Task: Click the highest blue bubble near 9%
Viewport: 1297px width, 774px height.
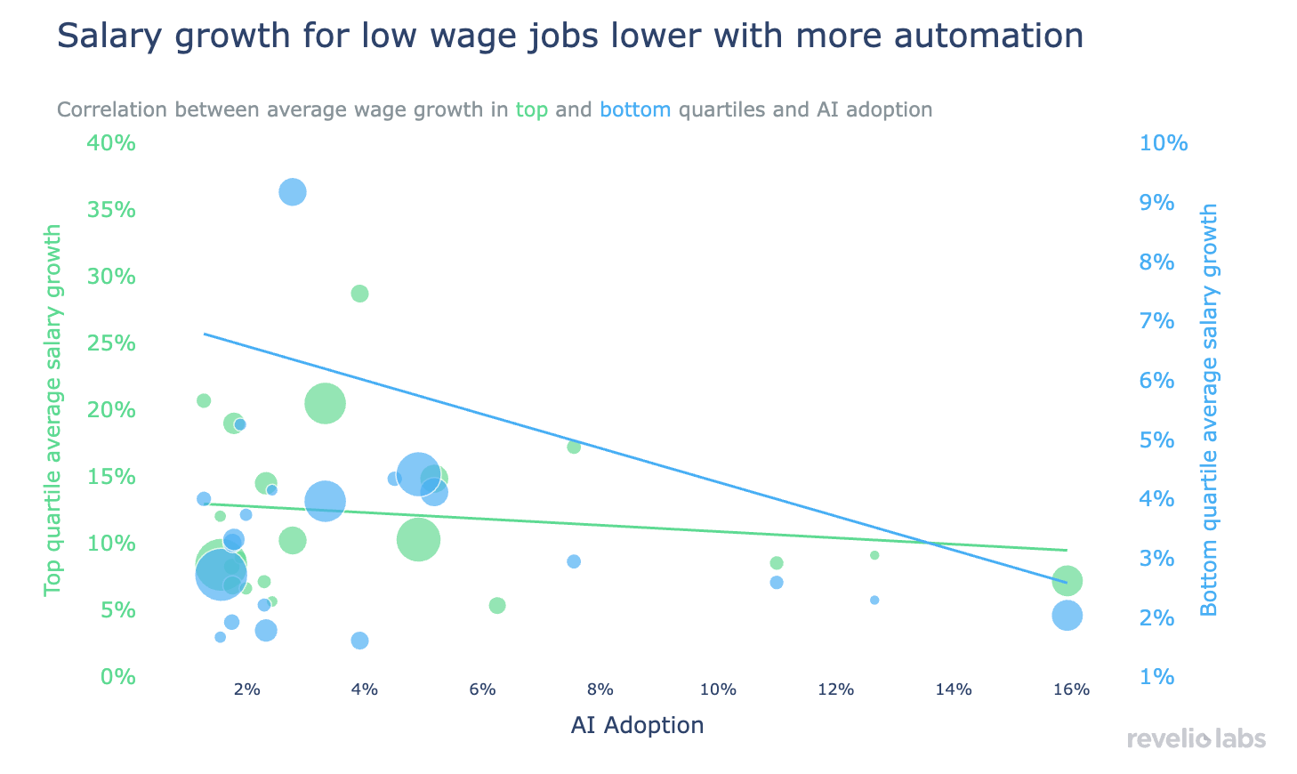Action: click(x=293, y=192)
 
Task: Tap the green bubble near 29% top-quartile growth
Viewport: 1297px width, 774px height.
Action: click(x=359, y=294)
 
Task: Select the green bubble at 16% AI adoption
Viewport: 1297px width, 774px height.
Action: click(x=1067, y=581)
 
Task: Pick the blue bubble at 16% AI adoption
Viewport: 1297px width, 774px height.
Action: click(x=1067, y=616)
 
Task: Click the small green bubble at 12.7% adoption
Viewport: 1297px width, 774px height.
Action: click(x=874, y=555)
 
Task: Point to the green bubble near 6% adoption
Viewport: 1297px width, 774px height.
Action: click(x=497, y=606)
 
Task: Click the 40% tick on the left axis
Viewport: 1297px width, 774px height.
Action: click(x=110, y=143)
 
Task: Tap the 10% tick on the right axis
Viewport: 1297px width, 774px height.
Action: click(x=1164, y=143)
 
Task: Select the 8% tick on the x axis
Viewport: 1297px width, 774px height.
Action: click(x=600, y=689)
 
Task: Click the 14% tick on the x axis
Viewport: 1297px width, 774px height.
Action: click(x=954, y=689)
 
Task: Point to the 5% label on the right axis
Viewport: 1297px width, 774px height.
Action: click(x=1157, y=440)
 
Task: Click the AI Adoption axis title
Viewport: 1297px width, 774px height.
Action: click(x=637, y=725)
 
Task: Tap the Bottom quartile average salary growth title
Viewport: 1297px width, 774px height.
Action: click(x=1209, y=410)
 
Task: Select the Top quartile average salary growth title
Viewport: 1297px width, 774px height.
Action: click(x=53, y=410)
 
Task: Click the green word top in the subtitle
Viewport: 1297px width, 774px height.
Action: click(x=532, y=110)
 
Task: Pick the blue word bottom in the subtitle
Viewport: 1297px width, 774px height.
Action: click(x=635, y=110)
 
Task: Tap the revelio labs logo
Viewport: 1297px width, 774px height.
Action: click(x=1196, y=738)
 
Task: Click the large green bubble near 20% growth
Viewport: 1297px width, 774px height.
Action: click(x=325, y=404)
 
